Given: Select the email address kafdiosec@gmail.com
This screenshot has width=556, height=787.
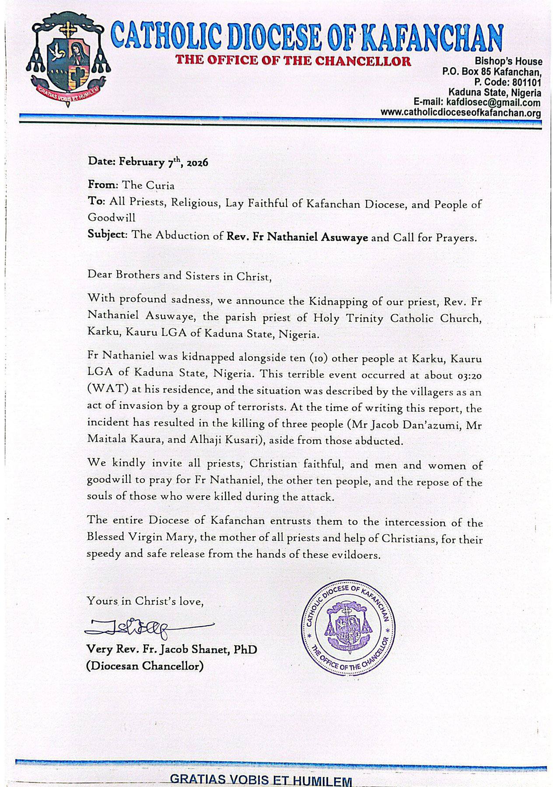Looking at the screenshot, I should pos(493,103).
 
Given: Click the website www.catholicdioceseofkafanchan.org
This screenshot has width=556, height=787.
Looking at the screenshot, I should pos(461,113).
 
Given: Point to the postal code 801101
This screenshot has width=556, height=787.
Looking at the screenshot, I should pos(528,82).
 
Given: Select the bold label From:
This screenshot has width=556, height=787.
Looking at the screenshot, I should pos(103,185).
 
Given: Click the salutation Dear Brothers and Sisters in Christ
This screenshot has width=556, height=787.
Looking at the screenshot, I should pos(179,276).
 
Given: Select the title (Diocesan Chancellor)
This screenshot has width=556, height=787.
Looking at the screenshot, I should pos(145,666).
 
